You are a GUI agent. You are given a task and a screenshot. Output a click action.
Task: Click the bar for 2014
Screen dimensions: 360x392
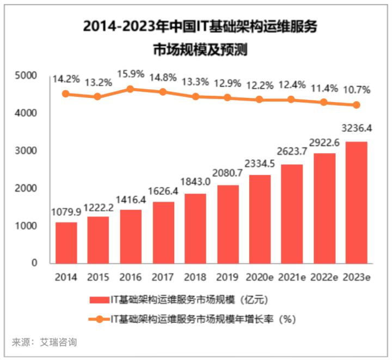(66, 243)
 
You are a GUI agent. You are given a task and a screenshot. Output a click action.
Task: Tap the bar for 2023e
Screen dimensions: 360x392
(356, 202)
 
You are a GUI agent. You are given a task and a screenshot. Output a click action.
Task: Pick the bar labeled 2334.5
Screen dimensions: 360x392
(259, 219)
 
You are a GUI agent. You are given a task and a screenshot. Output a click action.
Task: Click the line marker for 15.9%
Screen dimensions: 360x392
(130, 89)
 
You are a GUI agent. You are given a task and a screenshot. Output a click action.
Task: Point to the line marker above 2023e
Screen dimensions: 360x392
(356, 105)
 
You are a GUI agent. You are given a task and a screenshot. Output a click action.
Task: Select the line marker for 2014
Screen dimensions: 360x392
(66, 94)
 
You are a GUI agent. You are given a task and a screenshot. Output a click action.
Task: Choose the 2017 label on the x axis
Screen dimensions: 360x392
(163, 277)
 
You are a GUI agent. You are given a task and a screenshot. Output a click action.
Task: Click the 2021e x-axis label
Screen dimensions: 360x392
(291, 277)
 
